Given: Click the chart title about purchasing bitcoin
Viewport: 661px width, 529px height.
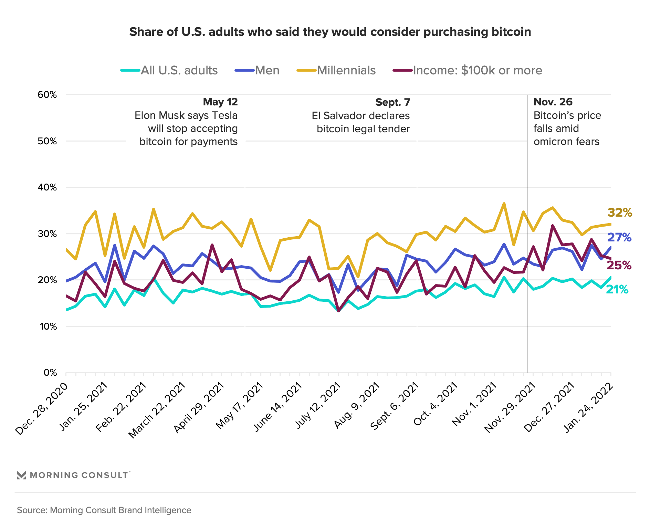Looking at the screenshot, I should click(330, 32).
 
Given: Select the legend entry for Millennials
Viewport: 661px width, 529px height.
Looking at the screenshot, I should click(346, 70).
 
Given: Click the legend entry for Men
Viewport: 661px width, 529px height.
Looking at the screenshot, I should click(267, 70).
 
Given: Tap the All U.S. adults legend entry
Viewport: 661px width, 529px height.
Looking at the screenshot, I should click(179, 70).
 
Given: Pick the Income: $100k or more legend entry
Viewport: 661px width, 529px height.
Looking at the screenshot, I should click(477, 70).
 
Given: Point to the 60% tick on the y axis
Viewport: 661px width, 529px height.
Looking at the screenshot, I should click(47, 95).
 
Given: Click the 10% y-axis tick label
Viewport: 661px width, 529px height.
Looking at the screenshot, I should click(48, 326).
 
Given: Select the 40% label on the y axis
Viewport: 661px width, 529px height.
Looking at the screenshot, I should click(47, 187).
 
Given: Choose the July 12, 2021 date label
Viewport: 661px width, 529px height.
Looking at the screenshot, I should click(318, 405).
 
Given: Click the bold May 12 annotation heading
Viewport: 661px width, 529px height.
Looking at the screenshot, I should click(220, 102).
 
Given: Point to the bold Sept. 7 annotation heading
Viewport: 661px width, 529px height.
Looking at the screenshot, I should click(392, 102).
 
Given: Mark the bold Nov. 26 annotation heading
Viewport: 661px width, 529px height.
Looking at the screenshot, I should click(553, 102).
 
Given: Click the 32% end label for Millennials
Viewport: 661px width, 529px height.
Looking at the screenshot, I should click(620, 213).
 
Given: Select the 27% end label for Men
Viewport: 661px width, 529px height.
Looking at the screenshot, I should click(619, 237).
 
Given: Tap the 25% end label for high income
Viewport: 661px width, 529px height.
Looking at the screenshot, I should click(619, 265).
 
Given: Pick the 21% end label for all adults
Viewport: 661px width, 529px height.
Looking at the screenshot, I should click(617, 290).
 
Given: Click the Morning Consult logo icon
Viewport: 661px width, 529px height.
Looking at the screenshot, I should click(21, 475).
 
